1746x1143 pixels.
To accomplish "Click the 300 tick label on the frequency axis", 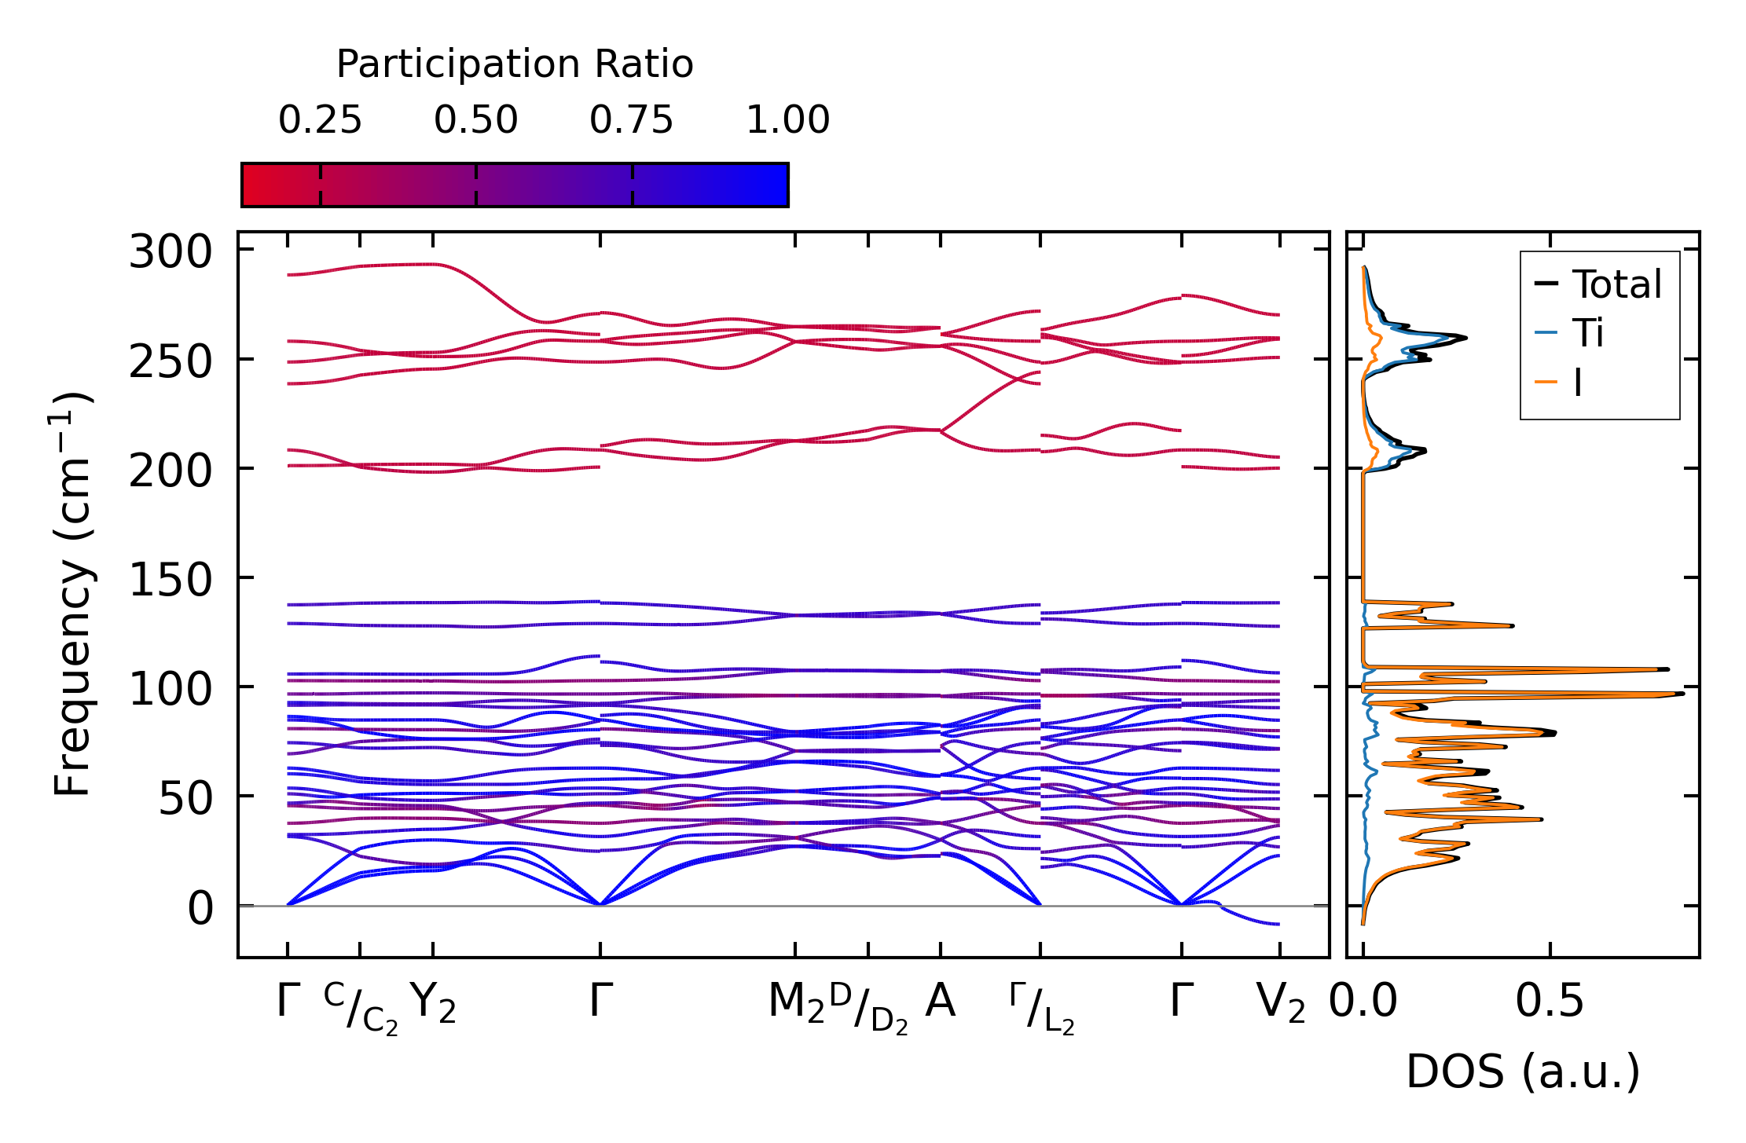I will pyautogui.click(x=171, y=253).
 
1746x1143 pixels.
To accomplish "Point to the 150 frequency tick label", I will pyautogui.click(x=171, y=581).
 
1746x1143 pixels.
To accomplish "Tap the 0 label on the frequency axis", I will pyautogui.click(x=200, y=909).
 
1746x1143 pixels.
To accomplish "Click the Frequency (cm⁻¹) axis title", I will pyautogui.click(x=73, y=594).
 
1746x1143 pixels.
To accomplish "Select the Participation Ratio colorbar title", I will pyautogui.click(x=515, y=64).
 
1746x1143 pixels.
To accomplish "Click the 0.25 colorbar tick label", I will pyautogui.click(x=320, y=120).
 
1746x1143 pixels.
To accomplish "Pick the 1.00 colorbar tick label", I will pyautogui.click(x=787, y=120).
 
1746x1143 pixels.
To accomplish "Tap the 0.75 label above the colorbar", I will pyautogui.click(x=632, y=120).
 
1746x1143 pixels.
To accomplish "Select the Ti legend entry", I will pyautogui.click(x=1588, y=333).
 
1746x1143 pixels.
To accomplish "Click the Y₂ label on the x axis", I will pyautogui.click(x=433, y=1003).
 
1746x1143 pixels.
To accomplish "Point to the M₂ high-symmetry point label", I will pyautogui.click(x=796, y=1003).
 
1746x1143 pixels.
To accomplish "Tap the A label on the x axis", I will pyautogui.click(x=941, y=1002).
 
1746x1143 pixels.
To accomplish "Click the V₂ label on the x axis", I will pyautogui.click(x=1280, y=1003).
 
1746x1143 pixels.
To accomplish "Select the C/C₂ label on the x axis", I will pyautogui.click(x=361, y=1009).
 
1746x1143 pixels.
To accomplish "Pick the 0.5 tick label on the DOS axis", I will pyautogui.click(x=1550, y=1002).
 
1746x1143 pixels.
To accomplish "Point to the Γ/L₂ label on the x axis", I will pyautogui.click(x=1041, y=1009).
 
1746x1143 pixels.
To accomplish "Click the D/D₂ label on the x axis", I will pyautogui.click(x=868, y=1009).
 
